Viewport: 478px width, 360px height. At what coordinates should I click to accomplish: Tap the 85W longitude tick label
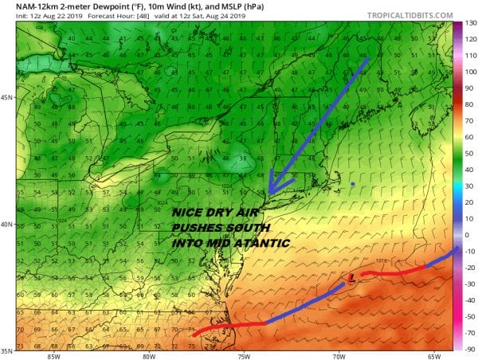pyautogui.click(x=54, y=355)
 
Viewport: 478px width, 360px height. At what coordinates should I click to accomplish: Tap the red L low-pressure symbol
pyautogui.click(x=351, y=277)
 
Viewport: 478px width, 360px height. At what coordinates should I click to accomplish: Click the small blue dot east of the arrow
pyautogui.click(x=353, y=184)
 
